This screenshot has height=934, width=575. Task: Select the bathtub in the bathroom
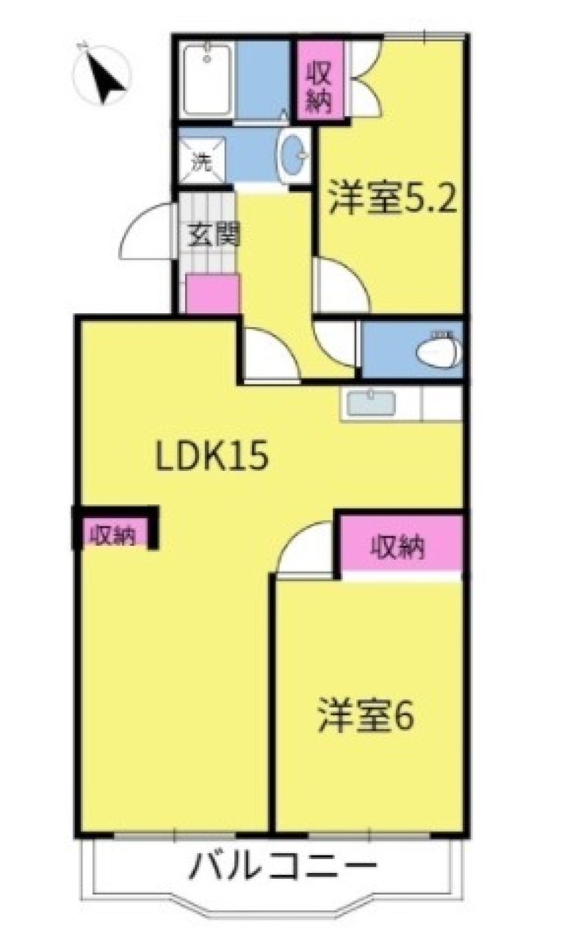click(206, 79)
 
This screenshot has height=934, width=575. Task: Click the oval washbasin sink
click(293, 155)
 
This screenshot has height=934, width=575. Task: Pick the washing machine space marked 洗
click(202, 160)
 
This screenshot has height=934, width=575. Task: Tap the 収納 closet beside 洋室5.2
click(320, 81)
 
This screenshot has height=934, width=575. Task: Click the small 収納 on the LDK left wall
click(114, 535)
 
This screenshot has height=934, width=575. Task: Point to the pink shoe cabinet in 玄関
click(212, 294)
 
